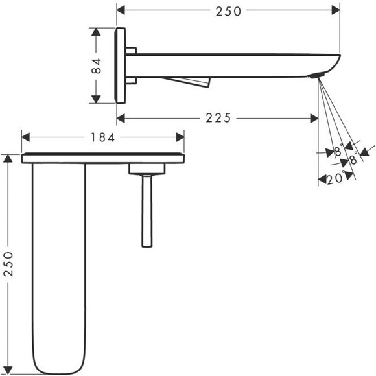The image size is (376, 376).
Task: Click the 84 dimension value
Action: [97, 65]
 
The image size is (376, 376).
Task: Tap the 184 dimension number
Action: [102, 137]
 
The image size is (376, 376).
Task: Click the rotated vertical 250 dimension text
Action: [8, 265]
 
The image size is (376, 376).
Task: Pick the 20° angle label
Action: [335, 180]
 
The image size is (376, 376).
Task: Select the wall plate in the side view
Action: [121, 65]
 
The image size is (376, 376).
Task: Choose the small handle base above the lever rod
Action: [147, 169]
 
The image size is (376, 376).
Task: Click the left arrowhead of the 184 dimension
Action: [26, 137]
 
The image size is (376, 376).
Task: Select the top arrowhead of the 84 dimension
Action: [97, 31]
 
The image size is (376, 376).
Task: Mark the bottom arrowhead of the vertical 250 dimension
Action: [8, 370]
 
